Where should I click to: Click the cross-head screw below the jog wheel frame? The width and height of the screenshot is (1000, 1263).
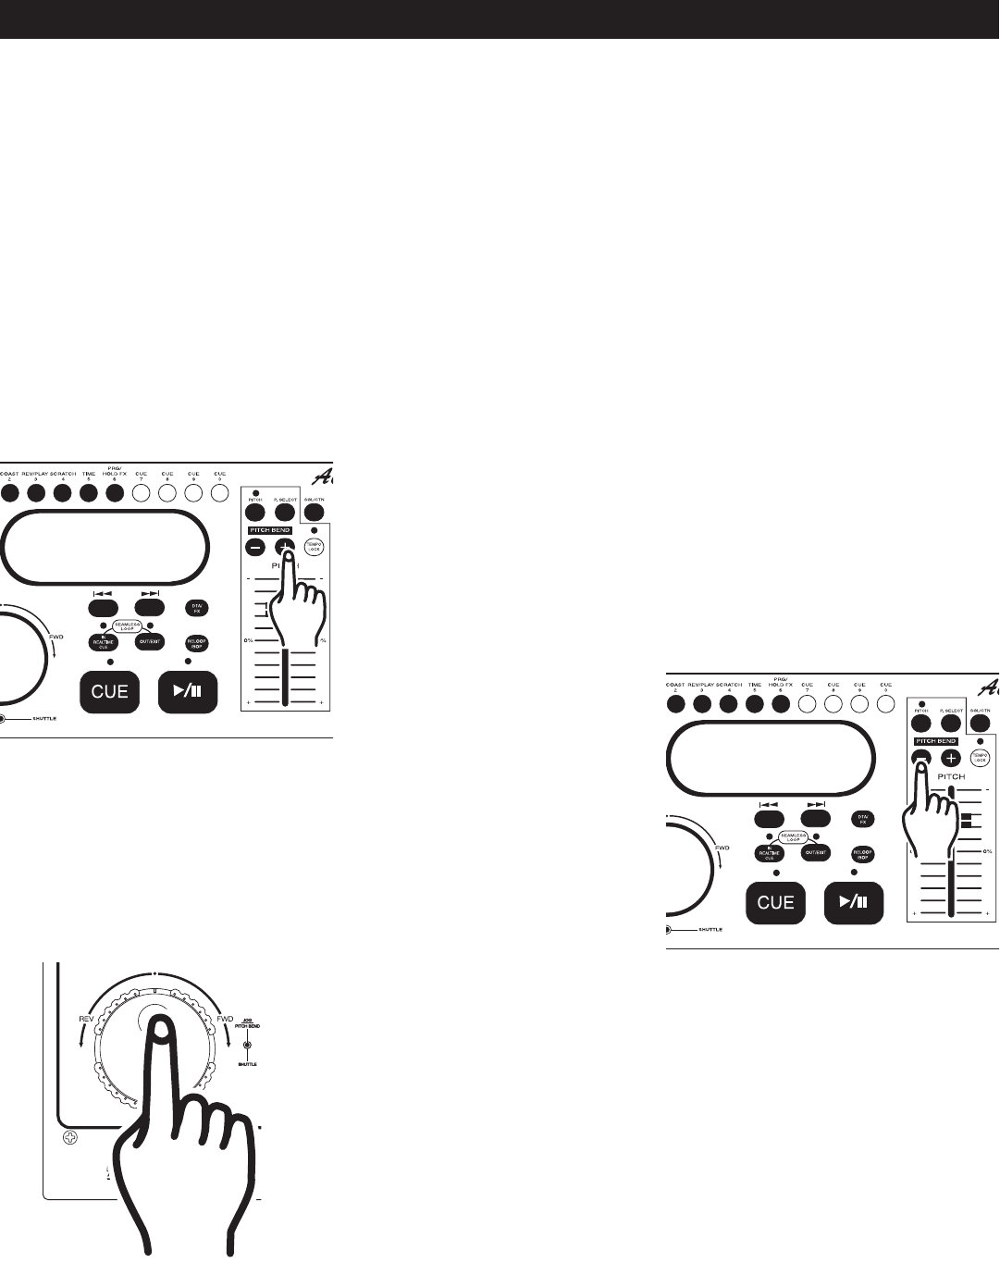pos(70,1137)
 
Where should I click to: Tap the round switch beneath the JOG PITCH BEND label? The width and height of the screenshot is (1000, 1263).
pos(246,1046)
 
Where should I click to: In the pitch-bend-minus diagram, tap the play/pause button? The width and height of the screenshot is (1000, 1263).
pos(853,902)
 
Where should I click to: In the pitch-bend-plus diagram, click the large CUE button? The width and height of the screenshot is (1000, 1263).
pos(109,691)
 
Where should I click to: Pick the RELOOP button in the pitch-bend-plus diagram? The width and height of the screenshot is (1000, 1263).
pos(196,642)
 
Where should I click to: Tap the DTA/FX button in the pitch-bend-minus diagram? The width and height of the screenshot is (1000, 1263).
pos(862,819)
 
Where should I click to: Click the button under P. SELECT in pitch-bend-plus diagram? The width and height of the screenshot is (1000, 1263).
pos(284,513)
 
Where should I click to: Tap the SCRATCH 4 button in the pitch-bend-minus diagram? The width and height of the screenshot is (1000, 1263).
pos(728,704)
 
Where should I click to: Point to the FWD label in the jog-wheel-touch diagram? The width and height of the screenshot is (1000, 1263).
pos(224,1020)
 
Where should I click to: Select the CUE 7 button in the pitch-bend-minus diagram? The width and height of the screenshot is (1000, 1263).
pos(808,704)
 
